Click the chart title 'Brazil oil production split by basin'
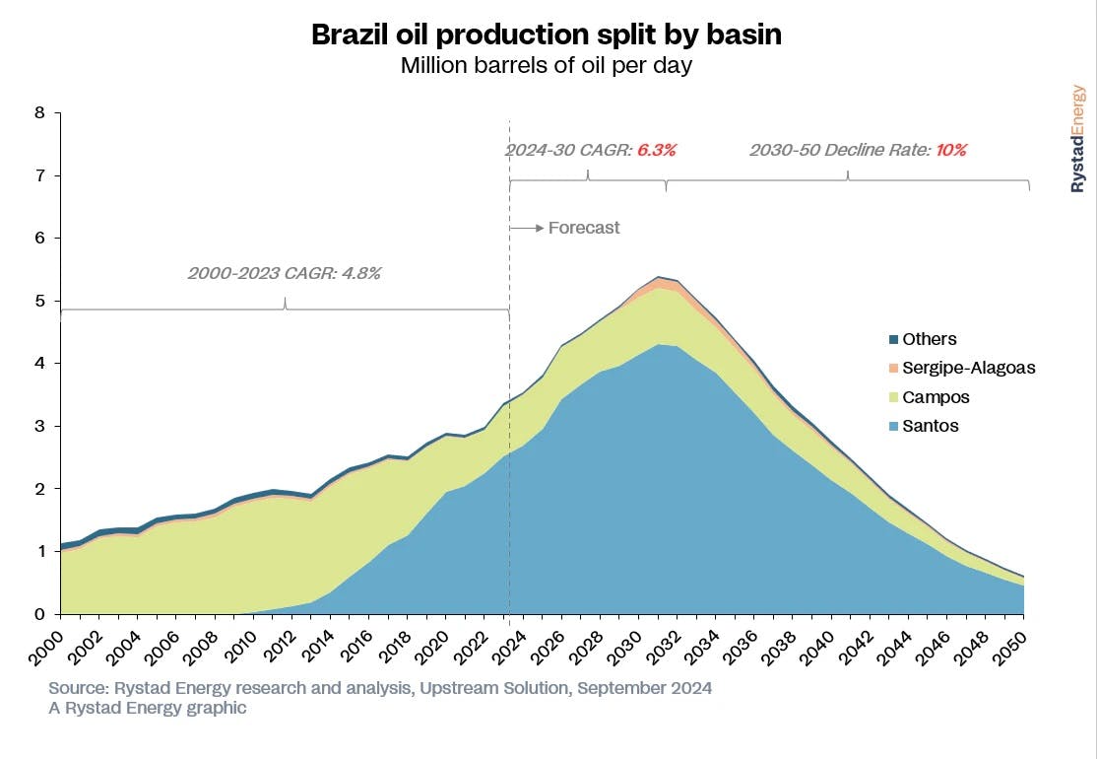pyautogui.click(x=547, y=34)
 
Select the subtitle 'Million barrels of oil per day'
pyautogui.click(x=547, y=67)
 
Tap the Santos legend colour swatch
pyautogui.click(x=893, y=427)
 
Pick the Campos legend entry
pyautogui.click(x=936, y=397)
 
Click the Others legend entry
pyautogui.click(x=930, y=339)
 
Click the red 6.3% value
pyautogui.click(x=657, y=151)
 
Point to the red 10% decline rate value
pyautogui.click(x=952, y=151)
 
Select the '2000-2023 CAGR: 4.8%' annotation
pyautogui.click(x=284, y=273)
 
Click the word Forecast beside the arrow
pyautogui.click(x=584, y=228)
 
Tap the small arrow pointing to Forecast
pyautogui.click(x=527, y=228)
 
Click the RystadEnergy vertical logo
pyautogui.click(x=1078, y=138)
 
